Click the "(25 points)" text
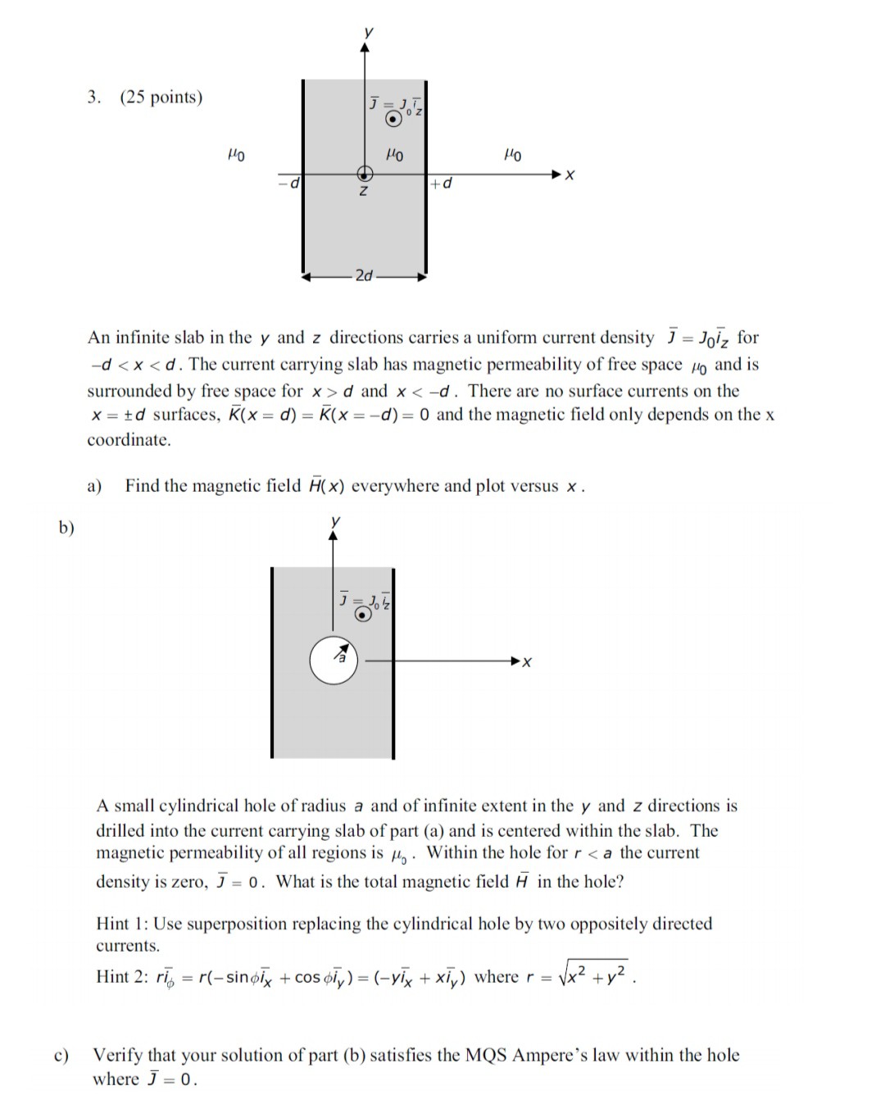tap(161, 98)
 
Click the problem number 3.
tap(94, 98)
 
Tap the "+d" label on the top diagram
tap(441, 184)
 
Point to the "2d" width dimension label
tap(364, 276)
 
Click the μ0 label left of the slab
tap(235, 154)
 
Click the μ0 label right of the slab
tap(513, 154)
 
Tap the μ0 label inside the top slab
tap(394, 154)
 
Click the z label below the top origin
tap(364, 192)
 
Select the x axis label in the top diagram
tap(570, 175)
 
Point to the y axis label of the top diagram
tap(368, 32)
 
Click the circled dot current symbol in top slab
tap(394, 120)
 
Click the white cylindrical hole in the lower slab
tap(334, 660)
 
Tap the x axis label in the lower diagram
tap(527, 662)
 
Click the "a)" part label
tap(94, 486)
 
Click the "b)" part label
tap(66, 528)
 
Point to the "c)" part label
tap(61, 1056)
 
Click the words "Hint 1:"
tap(122, 924)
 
